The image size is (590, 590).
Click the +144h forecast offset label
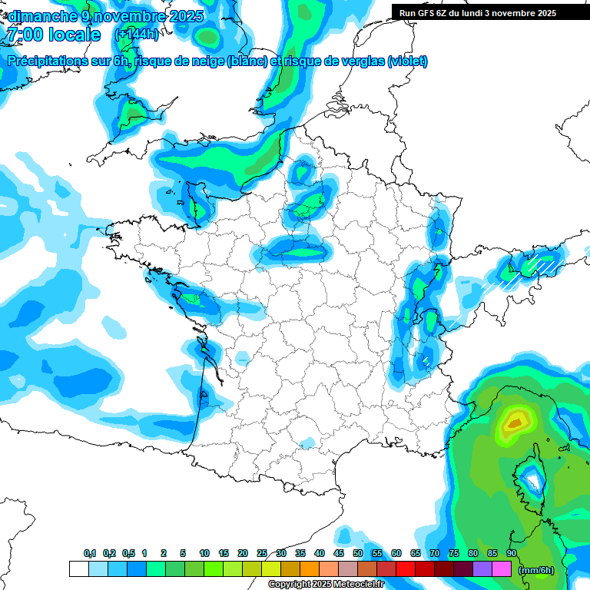(135, 35)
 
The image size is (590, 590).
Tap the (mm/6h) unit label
(536, 570)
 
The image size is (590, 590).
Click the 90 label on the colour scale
(511, 554)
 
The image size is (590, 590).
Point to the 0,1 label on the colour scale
(89, 554)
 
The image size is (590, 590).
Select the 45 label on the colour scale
(339, 554)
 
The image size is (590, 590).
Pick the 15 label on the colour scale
(224, 554)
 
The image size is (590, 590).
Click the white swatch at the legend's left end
(78, 569)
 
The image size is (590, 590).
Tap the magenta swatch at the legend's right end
(502, 569)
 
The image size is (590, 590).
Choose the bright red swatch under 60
(405, 569)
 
